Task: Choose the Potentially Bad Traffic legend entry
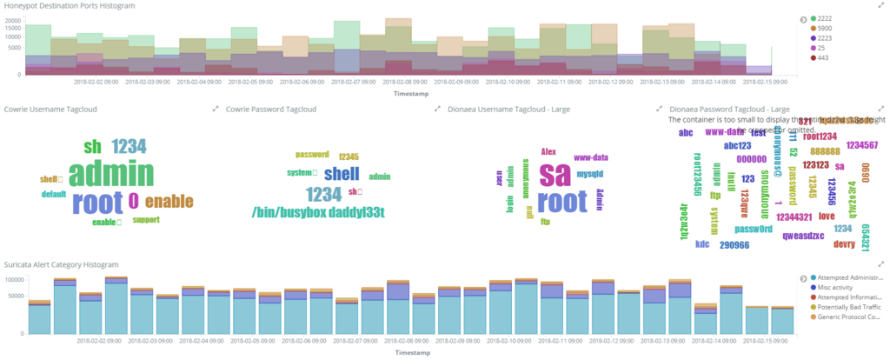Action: pyautogui.click(x=847, y=306)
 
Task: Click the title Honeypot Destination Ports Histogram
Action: pyautogui.click(x=70, y=6)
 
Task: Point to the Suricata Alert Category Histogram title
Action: pyautogui.click(x=61, y=263)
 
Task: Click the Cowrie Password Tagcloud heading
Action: pyautogui.click(x=270, y=110)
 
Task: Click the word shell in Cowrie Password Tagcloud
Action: pyautogui.click(x=342, y=173)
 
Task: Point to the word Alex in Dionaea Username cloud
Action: pyautogui.click(x=548, y=151)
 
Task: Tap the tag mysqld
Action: pyautogui.click(x=590, y=174)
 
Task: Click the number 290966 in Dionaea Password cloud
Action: pyautogui.click(x=735, y=246)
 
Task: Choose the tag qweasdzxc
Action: pyautogui.click(x=804, y=236)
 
